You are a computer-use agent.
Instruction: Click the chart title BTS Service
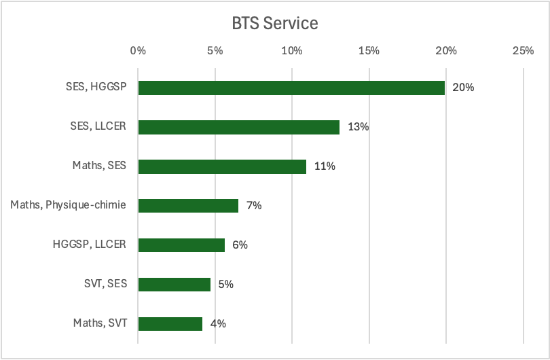275,23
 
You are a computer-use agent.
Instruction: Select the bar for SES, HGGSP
291,88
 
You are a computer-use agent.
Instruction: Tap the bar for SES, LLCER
238,127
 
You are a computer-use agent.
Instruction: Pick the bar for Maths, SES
222,166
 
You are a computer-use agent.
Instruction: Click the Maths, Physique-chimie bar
188,205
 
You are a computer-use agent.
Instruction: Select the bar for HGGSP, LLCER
181,245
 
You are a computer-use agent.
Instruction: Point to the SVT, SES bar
175,284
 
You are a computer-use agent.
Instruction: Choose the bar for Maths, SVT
170,323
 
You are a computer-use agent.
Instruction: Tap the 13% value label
358,127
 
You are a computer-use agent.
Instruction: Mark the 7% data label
254,205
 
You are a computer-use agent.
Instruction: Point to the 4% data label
218,323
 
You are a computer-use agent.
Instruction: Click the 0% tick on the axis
138,50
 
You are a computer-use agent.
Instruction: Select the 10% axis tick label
292,50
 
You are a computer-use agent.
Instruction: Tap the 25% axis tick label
523,50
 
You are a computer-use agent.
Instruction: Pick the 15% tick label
369,50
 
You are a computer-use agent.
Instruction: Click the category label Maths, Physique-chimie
68,204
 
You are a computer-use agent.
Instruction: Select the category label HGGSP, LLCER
90,244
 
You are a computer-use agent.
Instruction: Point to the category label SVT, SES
103,283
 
